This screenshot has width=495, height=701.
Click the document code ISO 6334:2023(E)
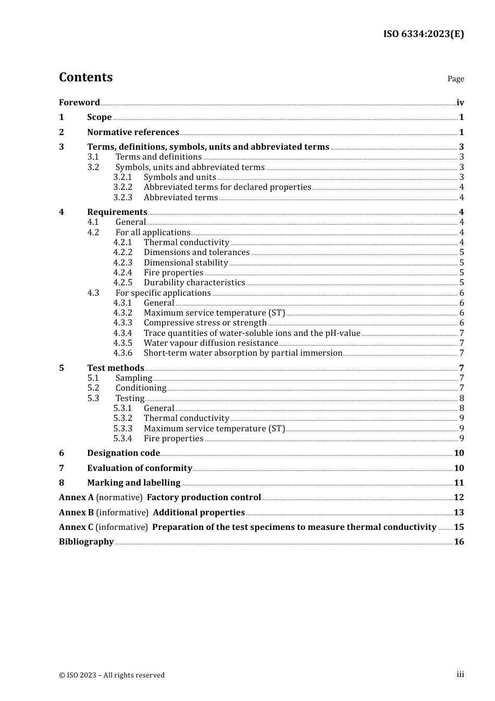click(x=423, y=34)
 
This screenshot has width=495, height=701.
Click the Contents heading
click(x=85, y=77)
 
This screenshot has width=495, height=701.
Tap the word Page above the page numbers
click(x=455, y=79)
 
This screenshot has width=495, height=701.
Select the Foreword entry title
click(x=79, y=102)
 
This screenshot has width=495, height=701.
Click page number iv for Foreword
click(x=460, y=103)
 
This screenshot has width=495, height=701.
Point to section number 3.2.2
click(x=123, y=187)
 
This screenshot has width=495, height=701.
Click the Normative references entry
click(x=133, y=132)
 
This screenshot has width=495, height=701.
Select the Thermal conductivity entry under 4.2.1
click(x=187, y=243)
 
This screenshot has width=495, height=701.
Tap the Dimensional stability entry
click(x=186, y=263)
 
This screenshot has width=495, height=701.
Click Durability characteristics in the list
click(x=194, y=283)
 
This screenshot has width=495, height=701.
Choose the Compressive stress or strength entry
click(x=205, y=323)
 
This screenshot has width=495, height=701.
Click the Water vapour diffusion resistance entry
click(x=211, y=343)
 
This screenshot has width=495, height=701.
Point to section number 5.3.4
click(x=123, y=439)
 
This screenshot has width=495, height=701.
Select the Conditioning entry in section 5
click(x=141, y=388)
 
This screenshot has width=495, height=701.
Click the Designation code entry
click(x=123, y=453)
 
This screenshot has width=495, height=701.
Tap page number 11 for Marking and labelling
click(x=459, y=483)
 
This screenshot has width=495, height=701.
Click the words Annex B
click(x=76, y=513)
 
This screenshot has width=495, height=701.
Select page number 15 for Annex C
click(x=459, y=527)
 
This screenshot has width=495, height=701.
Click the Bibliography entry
click(x=86, y=542)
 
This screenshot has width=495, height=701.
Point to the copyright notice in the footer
click(x=112, y=675)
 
